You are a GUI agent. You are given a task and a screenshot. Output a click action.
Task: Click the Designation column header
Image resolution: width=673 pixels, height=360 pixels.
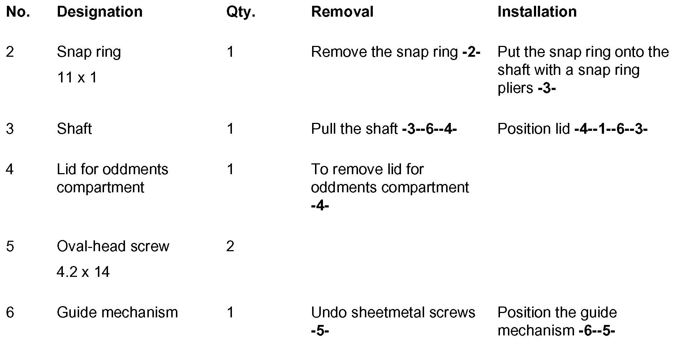click(x=99, y=12)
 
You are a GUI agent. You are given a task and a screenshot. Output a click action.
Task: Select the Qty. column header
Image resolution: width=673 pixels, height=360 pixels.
click(x=241, y=12)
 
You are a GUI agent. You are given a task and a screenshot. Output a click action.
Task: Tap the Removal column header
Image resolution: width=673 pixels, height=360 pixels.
click(x=342, y=12)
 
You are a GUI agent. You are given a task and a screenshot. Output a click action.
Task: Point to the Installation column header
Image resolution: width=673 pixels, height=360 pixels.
click(x=537, y=12)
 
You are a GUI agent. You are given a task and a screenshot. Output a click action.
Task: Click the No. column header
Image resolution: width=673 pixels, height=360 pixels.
click(x=18, y=12)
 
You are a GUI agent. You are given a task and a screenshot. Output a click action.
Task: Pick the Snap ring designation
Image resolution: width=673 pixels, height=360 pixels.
click(x=89, y=52)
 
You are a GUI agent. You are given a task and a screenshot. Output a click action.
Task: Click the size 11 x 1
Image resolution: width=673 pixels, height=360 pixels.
click(x=77, y=78)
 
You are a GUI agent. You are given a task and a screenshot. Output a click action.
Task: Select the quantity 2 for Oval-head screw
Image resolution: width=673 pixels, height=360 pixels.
click(x=230, y=247)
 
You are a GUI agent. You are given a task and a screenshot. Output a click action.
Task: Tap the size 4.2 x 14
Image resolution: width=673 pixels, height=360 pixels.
click(x=83, y=272)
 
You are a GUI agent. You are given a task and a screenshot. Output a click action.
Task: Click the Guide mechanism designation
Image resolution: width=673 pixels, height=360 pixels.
click(x=117, y=313)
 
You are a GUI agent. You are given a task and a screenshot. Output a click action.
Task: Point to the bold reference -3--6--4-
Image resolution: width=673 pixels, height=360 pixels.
click(x=429, y=129)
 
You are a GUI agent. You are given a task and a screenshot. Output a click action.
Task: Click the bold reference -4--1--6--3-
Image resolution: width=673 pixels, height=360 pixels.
click(x=611, y=129)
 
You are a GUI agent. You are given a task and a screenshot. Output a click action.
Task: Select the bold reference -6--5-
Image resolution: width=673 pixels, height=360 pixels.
click(x=596, y=331)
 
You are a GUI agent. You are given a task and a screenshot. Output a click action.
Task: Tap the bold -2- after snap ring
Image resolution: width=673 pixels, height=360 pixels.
click(x=471, y=52)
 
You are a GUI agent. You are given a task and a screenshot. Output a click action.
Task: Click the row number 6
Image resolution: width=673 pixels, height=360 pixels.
click(x=10, y=313)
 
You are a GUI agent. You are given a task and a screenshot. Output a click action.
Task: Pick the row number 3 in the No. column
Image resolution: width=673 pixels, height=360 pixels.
click(x=10, y=129)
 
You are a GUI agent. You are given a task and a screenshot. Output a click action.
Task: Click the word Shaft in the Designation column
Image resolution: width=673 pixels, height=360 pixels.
click(x=74, y=129)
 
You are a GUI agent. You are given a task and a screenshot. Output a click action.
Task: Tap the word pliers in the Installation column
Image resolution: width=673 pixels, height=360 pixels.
click(x=515, y=88)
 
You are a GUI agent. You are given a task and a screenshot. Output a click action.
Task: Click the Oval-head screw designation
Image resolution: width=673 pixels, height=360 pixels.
click(x=113, y=247)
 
